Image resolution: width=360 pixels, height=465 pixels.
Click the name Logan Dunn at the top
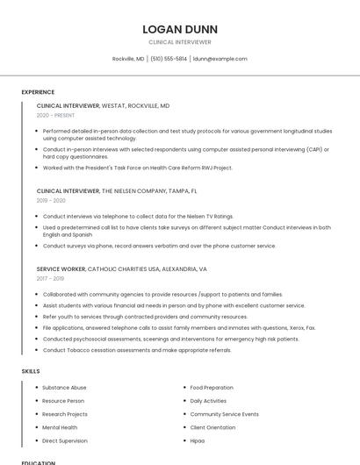(x=180, y=29)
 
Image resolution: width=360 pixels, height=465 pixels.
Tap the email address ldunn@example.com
(x=220, y=59)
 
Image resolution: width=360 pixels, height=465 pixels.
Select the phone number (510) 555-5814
(x=169, y=59)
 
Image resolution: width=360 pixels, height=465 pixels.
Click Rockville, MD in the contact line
(x=128, y=59)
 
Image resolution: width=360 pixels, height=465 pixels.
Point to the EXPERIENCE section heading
(x=38, y=91)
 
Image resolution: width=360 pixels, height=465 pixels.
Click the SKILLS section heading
(x=31, y=371)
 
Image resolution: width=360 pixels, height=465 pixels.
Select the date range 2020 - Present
(x=55, y=115)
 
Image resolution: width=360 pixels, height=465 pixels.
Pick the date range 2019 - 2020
(x=51, y=200)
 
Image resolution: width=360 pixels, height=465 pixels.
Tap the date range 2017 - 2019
(x=50, y=278)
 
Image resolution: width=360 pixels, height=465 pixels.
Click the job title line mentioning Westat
(x=103, y=105)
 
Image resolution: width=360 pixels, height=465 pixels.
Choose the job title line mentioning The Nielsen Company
(x=117, y=190)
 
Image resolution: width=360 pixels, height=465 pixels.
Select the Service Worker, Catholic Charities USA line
(x=121, y=268)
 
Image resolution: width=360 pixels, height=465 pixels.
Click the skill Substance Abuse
(x=64, y=387)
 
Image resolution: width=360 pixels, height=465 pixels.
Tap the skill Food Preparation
(x=212, y=387)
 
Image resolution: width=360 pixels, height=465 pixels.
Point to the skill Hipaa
(x=198, y=440)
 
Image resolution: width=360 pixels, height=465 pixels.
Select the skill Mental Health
(x=60, y=427)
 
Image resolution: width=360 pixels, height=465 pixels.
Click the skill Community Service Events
(x=224, y=414)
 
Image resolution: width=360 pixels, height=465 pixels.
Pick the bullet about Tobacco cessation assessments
(x=137, y=350)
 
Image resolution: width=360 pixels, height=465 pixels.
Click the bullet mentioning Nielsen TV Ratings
(x=138, y=216)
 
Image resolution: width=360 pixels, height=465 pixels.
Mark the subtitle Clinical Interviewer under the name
(x=180, y=41)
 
